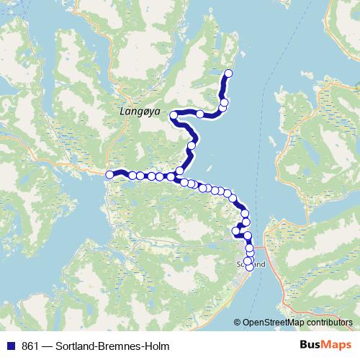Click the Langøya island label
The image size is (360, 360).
tap(140, 113)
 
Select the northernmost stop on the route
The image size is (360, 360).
tap(229, 73)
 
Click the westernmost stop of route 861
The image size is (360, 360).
tap(109, 174)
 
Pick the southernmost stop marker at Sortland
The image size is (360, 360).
tap(250, 267)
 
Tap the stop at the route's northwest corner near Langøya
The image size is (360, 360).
tap(174, 115)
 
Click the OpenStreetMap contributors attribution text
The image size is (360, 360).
tap(298, 323)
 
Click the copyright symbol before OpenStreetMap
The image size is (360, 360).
tap(238, 323)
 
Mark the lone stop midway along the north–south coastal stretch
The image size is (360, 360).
tap(191, 146)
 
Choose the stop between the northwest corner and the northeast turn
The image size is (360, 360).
tap(199, 114)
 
